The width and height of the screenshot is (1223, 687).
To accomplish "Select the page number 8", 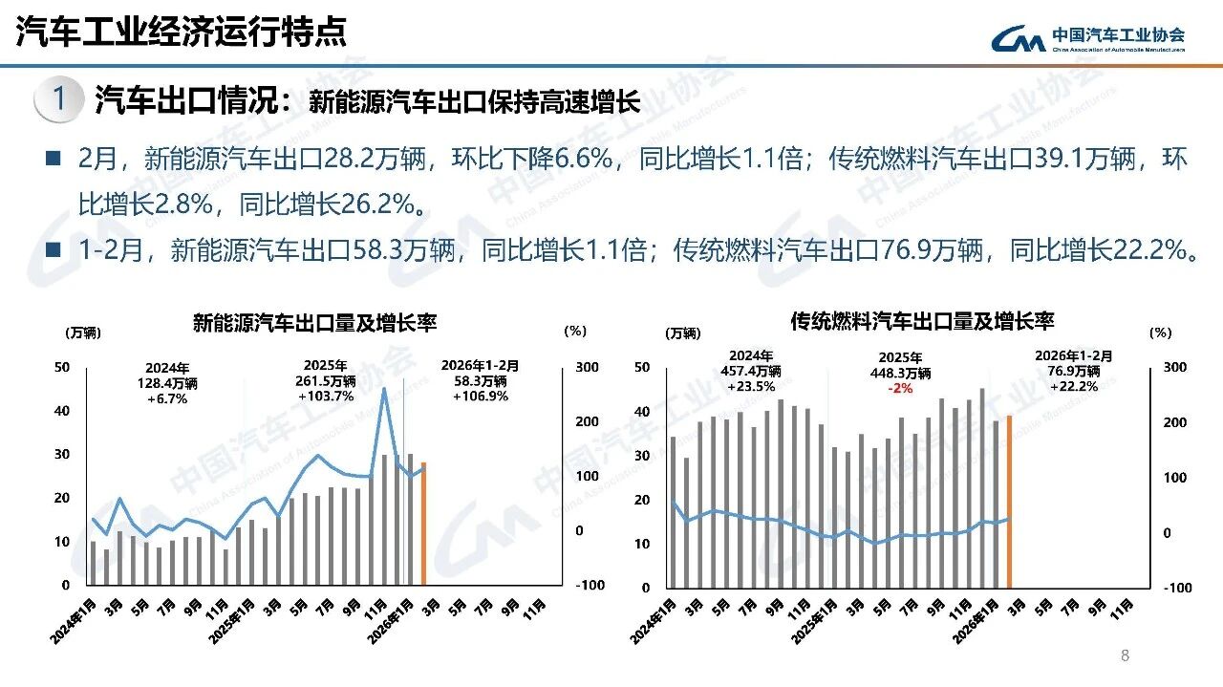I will tap(1125, 655).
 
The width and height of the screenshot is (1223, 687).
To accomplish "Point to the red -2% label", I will tap(899, 388).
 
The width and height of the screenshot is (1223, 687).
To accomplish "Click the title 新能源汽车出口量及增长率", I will tap(314, 322).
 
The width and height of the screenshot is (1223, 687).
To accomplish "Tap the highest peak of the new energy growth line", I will tap(384, 388).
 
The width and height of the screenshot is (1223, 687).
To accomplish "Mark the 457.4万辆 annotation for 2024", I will tap(750, 371).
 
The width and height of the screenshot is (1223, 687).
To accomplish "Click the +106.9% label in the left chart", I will tap(481, 396).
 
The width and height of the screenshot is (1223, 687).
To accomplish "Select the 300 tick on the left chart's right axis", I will tap(586, 368).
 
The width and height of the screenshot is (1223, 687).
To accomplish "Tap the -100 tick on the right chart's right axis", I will tap(1177, 588).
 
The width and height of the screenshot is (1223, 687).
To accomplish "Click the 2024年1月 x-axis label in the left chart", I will tap(75, 620).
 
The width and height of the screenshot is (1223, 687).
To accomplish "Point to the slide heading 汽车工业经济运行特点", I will tap(182, 32).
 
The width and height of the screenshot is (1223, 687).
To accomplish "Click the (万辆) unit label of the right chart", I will tap(682, 333).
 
